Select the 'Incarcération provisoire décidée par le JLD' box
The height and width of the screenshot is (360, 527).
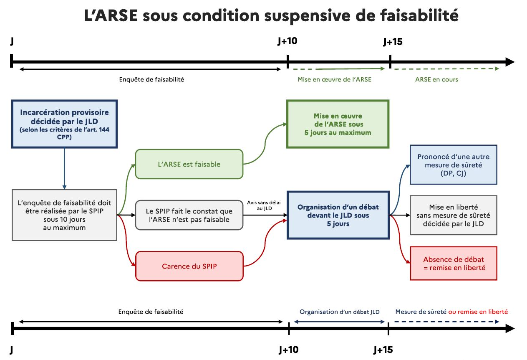click(x=64, y=124)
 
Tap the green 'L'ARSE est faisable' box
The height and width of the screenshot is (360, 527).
click(x=189, y=164)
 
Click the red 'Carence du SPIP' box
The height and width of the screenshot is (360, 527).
click(x=189, y=266)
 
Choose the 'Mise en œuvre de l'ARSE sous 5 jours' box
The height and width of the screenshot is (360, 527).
click(x=338, y=124)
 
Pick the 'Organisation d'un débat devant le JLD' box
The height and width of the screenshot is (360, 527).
click(x=338, y=215)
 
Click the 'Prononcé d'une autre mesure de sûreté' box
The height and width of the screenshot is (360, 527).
click(x=453, y=165)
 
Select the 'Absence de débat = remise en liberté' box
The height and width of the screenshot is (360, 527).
click(x=453, y=264)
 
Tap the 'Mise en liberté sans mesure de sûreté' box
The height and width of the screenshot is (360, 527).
click(x=453, y=215)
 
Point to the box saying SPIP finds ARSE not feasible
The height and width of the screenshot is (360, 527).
click(x=189, y=215)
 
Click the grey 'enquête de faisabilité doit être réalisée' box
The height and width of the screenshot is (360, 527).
click(x=64, y=215)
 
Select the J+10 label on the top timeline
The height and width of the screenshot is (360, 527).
click(x=287, y=41)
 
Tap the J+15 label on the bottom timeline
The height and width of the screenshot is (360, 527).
click(x=383, y=350)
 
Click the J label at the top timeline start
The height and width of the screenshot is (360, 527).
click(x=12, y=41)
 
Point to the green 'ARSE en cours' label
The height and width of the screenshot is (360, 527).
click(x=436, y=79)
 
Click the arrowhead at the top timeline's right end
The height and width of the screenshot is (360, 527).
click(x=510, y=62)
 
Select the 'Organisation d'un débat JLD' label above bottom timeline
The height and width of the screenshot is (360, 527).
click(x=339, y=312)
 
